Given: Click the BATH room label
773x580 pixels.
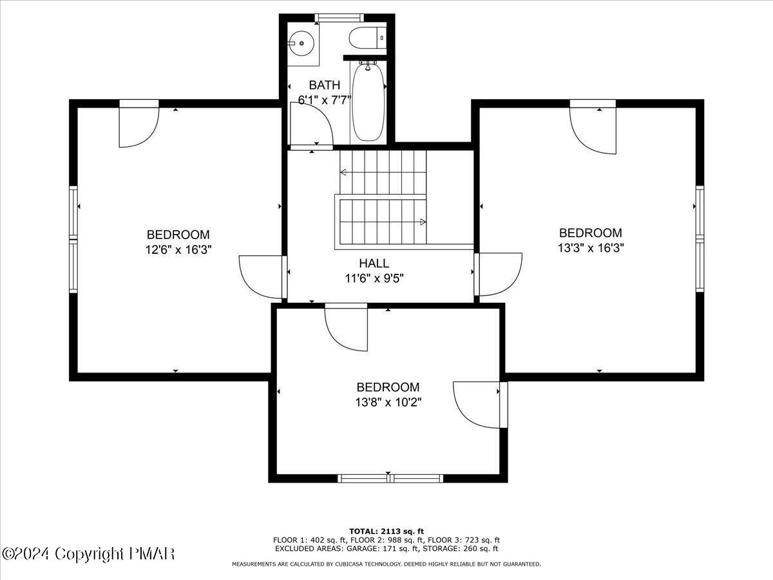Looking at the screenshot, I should (324, 85).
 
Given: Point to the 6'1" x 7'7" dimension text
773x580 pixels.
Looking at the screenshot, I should (324, 100).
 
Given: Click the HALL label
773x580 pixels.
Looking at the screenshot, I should (374, 263).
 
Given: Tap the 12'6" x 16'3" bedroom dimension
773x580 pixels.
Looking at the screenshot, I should (178, 249).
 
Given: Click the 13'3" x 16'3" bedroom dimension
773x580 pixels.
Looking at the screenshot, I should (590, 247).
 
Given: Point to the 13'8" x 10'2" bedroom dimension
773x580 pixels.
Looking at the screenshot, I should (389, 402).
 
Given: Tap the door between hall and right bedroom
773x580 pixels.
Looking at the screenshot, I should (499, 274).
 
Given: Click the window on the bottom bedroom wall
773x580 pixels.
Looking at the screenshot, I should (390, 478).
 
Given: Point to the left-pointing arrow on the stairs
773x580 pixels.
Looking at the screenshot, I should (344, 172).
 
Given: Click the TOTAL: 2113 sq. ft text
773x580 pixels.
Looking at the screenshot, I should (386, 531).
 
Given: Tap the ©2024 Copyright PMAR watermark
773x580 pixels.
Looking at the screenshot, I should (88, 554).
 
